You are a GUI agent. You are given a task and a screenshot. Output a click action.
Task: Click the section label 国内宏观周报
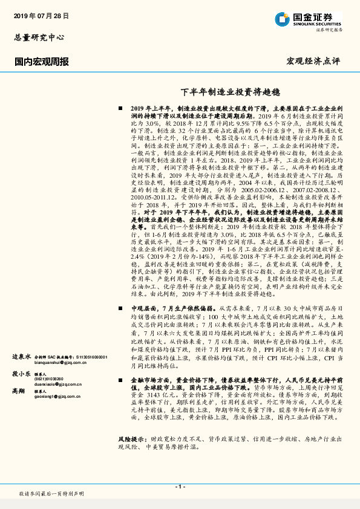(x=41, y=61)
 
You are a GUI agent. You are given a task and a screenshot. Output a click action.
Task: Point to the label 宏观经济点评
(x=313, y=61)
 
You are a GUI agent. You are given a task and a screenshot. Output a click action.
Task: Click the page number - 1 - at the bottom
(x=180, y=486)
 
